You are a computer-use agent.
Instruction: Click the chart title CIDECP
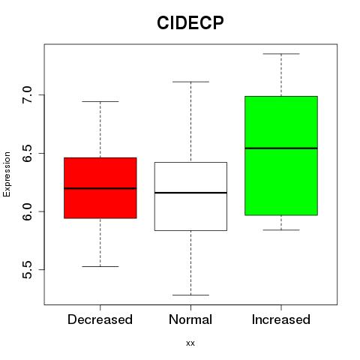pos(190,22)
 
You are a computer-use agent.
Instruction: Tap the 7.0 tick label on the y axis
pos(27,94)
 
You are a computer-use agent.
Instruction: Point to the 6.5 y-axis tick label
pos(27,153)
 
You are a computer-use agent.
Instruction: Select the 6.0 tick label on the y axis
pos(27,211)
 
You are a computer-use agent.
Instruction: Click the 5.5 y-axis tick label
pos(27,270)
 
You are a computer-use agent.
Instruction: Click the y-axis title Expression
pos(7,174)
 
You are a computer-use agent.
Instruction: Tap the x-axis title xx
pos(190,343)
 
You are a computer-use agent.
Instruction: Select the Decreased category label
pos(100,319)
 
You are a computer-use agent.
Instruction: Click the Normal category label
pos(190,319)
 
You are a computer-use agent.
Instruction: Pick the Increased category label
pos(281,319)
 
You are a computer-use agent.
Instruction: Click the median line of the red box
pos(100,188)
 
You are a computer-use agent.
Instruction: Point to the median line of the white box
pos(190,193)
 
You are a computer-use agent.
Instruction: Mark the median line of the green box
pos(281,148)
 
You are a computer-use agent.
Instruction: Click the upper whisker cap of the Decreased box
pos(100,101)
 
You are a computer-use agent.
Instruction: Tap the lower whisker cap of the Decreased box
pos(100,266)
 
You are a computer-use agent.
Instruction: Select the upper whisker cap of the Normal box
pos(190,82)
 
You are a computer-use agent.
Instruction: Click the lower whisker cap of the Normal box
pos(190,295)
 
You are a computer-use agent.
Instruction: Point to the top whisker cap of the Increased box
pos(281,54)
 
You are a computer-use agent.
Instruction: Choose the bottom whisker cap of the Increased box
pos(281,229)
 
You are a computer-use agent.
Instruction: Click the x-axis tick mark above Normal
pos(190,307)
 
